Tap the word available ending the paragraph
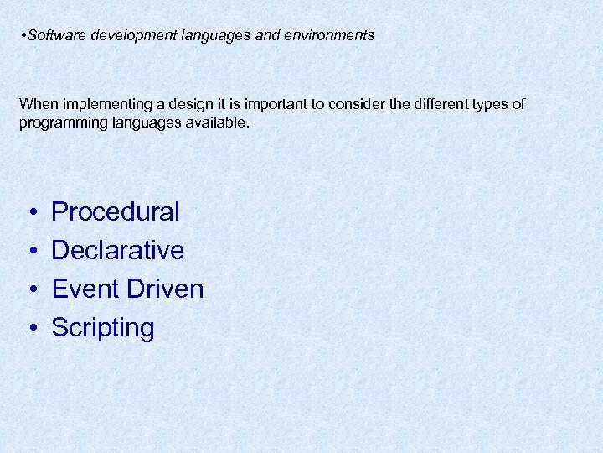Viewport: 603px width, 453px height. pyautogui.click(x=219, y=122)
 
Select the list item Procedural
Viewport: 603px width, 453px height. pyautogui.click(x=116, y=212)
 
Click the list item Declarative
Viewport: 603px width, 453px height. pyautogui.click(x=117, y=251)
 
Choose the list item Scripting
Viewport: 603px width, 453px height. pyautogui.click(x=103, y=328)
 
